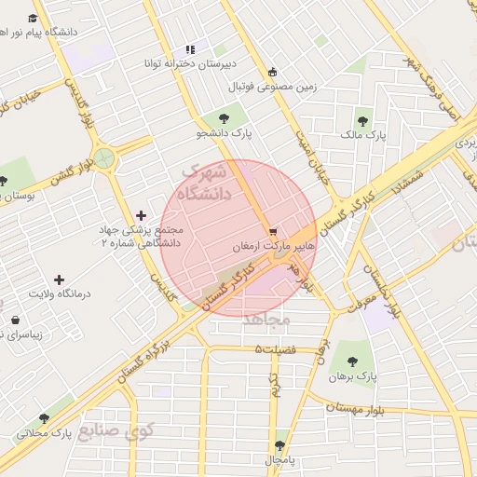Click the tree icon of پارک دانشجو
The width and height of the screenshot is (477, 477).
(x=224, y=117)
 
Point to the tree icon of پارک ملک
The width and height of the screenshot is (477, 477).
(x=362, y=120)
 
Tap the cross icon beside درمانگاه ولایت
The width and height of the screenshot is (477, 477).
(x=60, y=279)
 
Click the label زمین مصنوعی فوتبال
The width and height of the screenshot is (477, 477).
(x=272, y=87)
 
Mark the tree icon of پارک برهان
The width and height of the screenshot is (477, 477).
(x=352, y=361)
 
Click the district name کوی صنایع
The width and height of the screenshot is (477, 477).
(x=108, y=432)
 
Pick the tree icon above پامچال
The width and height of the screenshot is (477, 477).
(x=280, y=445)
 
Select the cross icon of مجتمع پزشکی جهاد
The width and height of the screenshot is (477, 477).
(x=141, y=215)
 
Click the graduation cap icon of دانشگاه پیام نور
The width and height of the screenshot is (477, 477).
(x=34, y=18)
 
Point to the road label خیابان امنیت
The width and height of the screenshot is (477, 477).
(x=308, y=149)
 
